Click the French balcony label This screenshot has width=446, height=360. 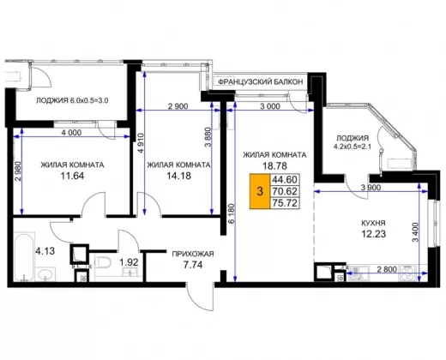click(x=260, y=82)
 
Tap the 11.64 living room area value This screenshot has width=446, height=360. click(x=72, y=176)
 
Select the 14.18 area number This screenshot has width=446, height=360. click(x=178, y=176)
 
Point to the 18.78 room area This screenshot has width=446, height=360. click(x=274, y=165)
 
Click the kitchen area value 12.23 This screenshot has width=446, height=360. click(x=374, y=234)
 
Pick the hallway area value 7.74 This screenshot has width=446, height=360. click(x=193, y=265)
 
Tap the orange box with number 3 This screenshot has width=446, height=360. click(x=260, y=191)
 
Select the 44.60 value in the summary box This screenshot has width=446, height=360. click(x=285, y=180)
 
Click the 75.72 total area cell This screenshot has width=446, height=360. click(x=285, y=203)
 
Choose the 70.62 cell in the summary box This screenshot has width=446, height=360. click(x=285, y=191)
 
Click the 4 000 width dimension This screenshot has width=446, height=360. click(x=71, y=133)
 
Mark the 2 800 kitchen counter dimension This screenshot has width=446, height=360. click(x=387, y=269)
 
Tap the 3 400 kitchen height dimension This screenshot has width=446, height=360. click(x=415, y=232)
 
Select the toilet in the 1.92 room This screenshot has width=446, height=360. click(x=102, y=262)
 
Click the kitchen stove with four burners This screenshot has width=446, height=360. click(x=409, y=273)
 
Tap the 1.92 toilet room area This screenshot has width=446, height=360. click(x=129, y=262)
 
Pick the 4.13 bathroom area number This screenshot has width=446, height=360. click(x=45, y=251)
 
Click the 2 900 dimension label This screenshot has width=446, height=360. click(x=178, y=106)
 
